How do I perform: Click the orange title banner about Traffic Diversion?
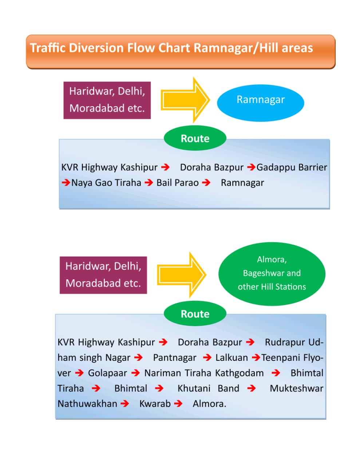click(180, 51)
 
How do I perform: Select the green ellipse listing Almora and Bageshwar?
click(272, 273)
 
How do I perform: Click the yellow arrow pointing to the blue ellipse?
click(185, 100)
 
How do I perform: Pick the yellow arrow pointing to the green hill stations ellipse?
click(181, 275)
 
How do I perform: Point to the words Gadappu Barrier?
click(292, 167)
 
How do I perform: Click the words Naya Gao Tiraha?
click(106, 183)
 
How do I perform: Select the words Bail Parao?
click(177, 183)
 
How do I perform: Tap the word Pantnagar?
click(174, 358)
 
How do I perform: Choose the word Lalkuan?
click(232, 358)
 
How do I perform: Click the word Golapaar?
click(107, 373)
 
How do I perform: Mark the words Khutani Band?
click(208, 388)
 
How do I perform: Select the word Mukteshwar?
click(296, 388)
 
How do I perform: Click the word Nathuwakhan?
click(87, 404)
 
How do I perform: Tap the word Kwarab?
click(155, 404)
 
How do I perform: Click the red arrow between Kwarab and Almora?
click(178, 403)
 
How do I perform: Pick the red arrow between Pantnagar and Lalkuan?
click(207, 358)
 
